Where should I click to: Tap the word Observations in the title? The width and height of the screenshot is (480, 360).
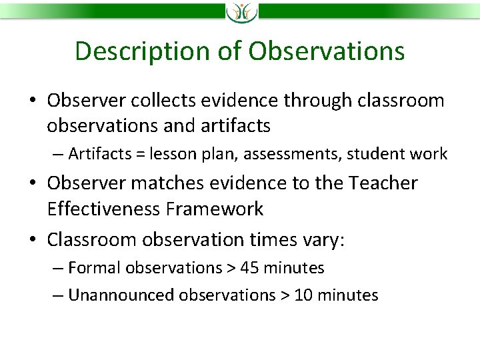click(326, 50)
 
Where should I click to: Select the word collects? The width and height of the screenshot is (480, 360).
click(163, 100)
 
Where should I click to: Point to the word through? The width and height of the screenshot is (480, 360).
click(317, 101)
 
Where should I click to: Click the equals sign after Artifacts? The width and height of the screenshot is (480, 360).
click(141, 154)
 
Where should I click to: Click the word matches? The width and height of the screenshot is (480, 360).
click(167, 183)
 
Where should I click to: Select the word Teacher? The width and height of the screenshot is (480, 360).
click(383, 183)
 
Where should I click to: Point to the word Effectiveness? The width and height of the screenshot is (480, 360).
click(103, 209)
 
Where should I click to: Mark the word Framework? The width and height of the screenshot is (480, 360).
click(214, 209)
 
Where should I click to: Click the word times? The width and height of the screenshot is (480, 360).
click(273, 239)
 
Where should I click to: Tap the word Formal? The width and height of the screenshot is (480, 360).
click(94, 267)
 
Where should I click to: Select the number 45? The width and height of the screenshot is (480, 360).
click(249, 267)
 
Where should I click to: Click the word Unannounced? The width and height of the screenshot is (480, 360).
click(121, 295)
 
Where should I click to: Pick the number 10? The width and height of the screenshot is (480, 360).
click(303, 295)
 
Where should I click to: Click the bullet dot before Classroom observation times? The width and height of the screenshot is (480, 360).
click(33, 239)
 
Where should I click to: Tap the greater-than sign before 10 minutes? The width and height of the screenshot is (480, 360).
click(285, 296)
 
